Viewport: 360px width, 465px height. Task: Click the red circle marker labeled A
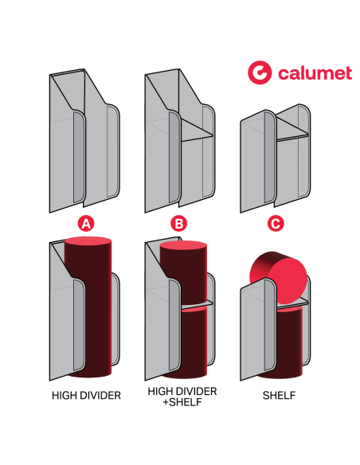85,224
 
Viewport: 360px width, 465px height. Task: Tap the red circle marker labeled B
179,224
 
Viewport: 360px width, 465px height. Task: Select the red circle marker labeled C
276,224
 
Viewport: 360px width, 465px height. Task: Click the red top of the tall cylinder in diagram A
88,241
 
